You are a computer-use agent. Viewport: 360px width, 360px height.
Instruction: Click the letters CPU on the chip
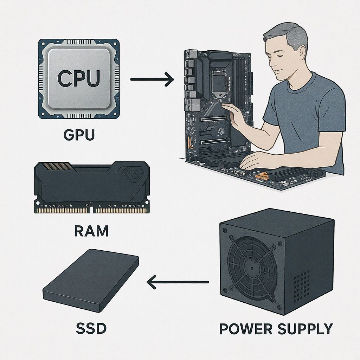click(79, 78)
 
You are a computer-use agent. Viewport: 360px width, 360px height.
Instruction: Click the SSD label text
click(91, 328)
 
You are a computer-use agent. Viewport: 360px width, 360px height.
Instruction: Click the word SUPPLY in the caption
click(305, 329)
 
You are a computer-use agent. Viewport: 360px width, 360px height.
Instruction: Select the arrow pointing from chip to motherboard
click(152, 79)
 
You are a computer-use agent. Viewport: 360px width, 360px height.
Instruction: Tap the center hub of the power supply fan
click(252, 268)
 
